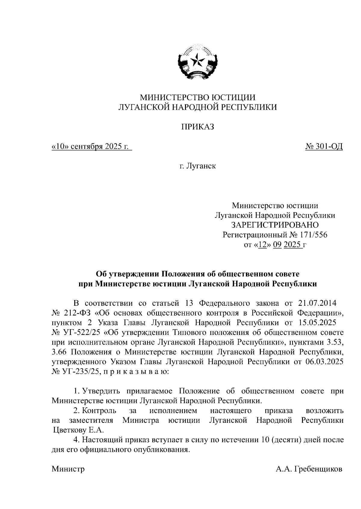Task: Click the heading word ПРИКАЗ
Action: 197,127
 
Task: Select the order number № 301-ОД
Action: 324,146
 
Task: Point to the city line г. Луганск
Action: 197,166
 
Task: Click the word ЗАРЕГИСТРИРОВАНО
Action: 274,225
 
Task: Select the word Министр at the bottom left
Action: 68,469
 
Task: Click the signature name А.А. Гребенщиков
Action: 309,469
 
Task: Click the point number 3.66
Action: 60,352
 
